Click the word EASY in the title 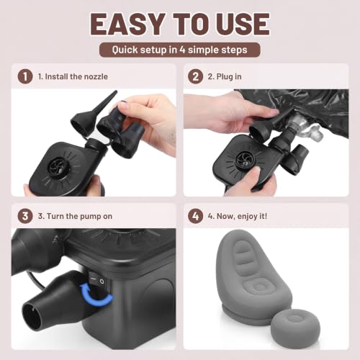click(128, 24)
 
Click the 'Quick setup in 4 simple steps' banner click(180, 50)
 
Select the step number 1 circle click(25, 76)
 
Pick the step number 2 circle click(195, 76)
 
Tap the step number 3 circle click(25, 216)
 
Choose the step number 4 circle click(195, 216)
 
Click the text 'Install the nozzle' click(76, 76)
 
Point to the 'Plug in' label click(229, 77)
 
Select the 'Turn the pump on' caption click(79, 216)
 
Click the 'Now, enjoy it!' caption click(242, 216)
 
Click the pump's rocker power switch click(96, 280)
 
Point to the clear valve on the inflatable click(305, 127)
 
